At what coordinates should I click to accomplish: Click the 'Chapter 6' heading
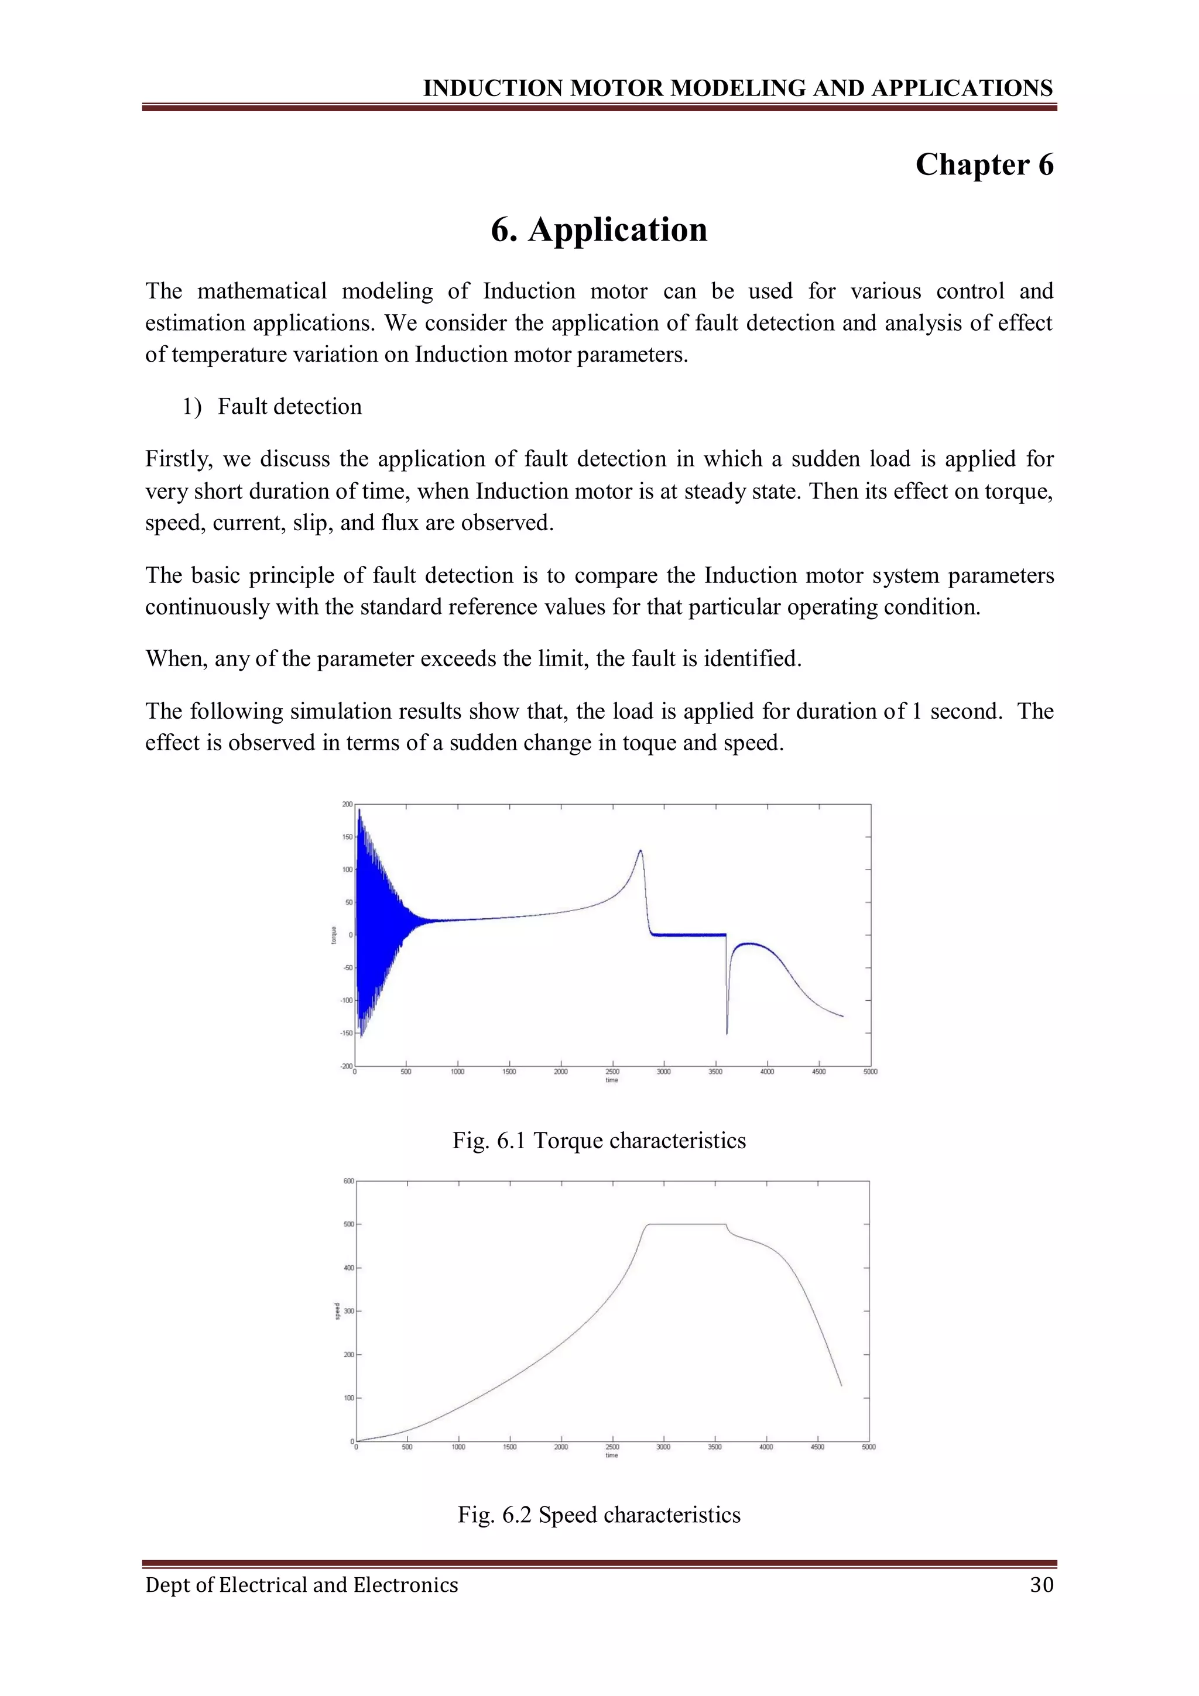tap(984, 164)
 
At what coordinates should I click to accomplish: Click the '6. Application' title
tap(599, 230)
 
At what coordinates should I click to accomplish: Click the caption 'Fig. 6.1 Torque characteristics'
tap(599, 1141)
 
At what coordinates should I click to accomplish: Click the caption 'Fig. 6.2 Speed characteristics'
tap(599, 1515)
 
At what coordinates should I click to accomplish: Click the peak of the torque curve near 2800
tap(640, 852)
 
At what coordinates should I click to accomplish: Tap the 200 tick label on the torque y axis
tap(347, 805)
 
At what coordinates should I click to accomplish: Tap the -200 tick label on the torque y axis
tap(347, 1066)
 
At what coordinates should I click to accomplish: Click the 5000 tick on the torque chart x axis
tap(870, 1072)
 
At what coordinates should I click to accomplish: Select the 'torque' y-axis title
tap(334, 935)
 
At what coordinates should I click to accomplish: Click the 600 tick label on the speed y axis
tap(348, 1181)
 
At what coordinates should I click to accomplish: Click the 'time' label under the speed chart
tap(612, 1456)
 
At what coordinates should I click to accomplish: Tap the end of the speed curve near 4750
tap(841, 1385)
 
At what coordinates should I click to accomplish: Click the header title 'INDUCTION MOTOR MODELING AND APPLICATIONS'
tap(737, 88)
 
